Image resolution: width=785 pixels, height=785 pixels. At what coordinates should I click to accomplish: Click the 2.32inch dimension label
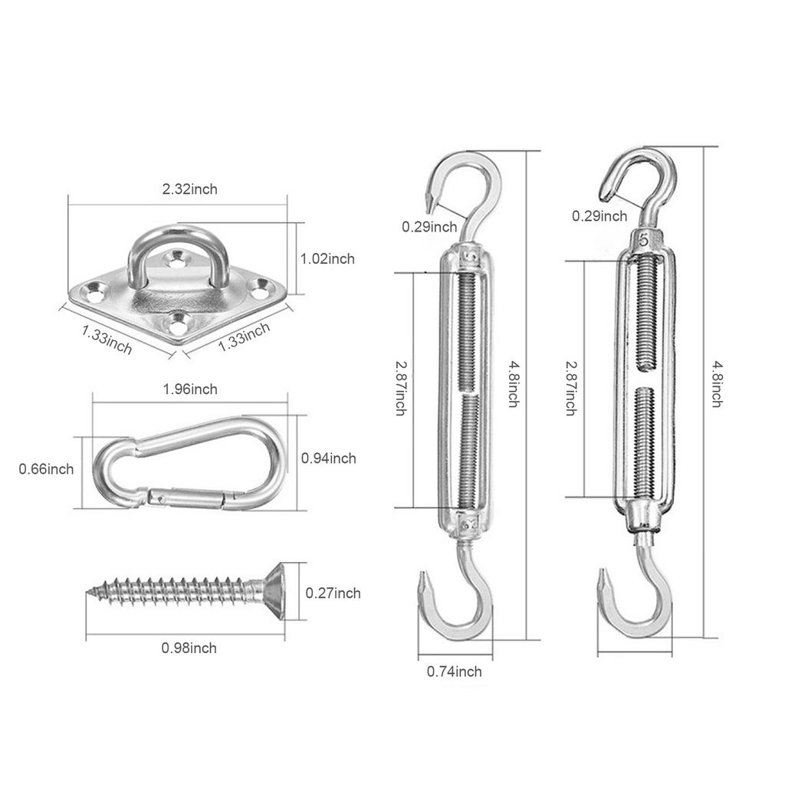tap(189, 189)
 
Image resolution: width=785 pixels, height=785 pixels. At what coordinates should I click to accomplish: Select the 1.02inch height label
tap(327, 259)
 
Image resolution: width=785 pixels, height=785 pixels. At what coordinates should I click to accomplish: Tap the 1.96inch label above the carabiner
tap(190, 389)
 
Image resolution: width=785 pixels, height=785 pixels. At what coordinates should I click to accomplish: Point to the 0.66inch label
tap(46, 468)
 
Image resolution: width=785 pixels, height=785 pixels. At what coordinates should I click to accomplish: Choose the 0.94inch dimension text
tap(328, 458)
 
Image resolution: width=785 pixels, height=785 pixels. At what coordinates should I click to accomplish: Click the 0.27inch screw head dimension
tap(333, 593)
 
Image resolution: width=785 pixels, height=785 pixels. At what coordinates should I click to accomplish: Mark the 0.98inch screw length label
tap(189, 649)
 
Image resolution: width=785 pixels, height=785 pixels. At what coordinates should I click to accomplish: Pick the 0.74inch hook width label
tap(454, 672)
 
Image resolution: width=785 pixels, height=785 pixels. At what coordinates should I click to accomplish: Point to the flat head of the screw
tap(276, 590)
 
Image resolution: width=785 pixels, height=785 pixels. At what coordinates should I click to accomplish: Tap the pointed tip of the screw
tap(91, 591)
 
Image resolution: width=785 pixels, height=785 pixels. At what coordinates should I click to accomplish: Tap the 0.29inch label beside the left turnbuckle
tap(429, 227)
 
